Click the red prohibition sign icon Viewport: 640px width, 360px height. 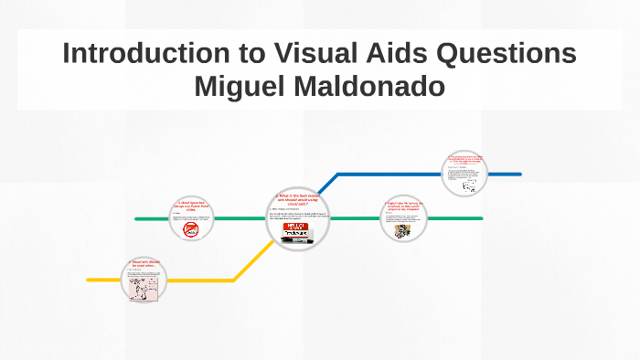click(x=192, y=230)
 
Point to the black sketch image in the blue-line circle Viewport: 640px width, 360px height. click(x=469, y=185)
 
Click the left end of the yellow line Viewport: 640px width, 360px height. click(x=89, y=280)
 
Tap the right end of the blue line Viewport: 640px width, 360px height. click(x=519, y=174)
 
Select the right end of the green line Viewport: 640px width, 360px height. click(x=481, y=219)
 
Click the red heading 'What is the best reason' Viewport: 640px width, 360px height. click(x=296, y=198)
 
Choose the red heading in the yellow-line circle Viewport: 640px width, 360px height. click(x=144, y=264)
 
